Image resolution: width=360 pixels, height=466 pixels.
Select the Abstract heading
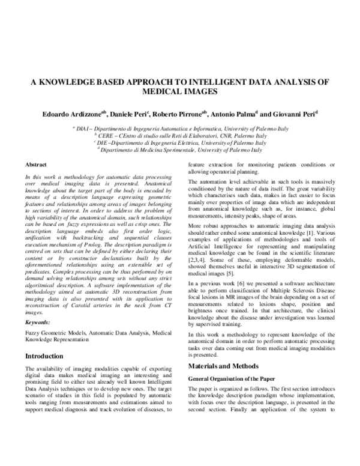click(x=36, y=164)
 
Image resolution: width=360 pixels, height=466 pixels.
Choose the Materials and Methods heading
click(x=225, y=365)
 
